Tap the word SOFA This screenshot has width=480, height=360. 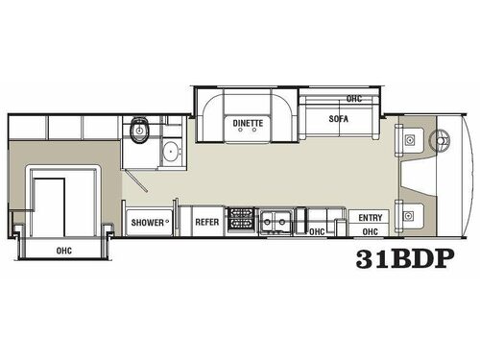(336, 120)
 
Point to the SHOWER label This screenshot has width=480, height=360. (149, 223)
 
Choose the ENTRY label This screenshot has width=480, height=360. (369, 218)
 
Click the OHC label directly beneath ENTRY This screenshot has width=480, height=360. (369, 230)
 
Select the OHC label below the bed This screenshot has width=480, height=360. (63, 251)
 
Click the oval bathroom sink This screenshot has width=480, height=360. (171, 151)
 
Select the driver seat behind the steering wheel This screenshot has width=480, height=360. (410, 140)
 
